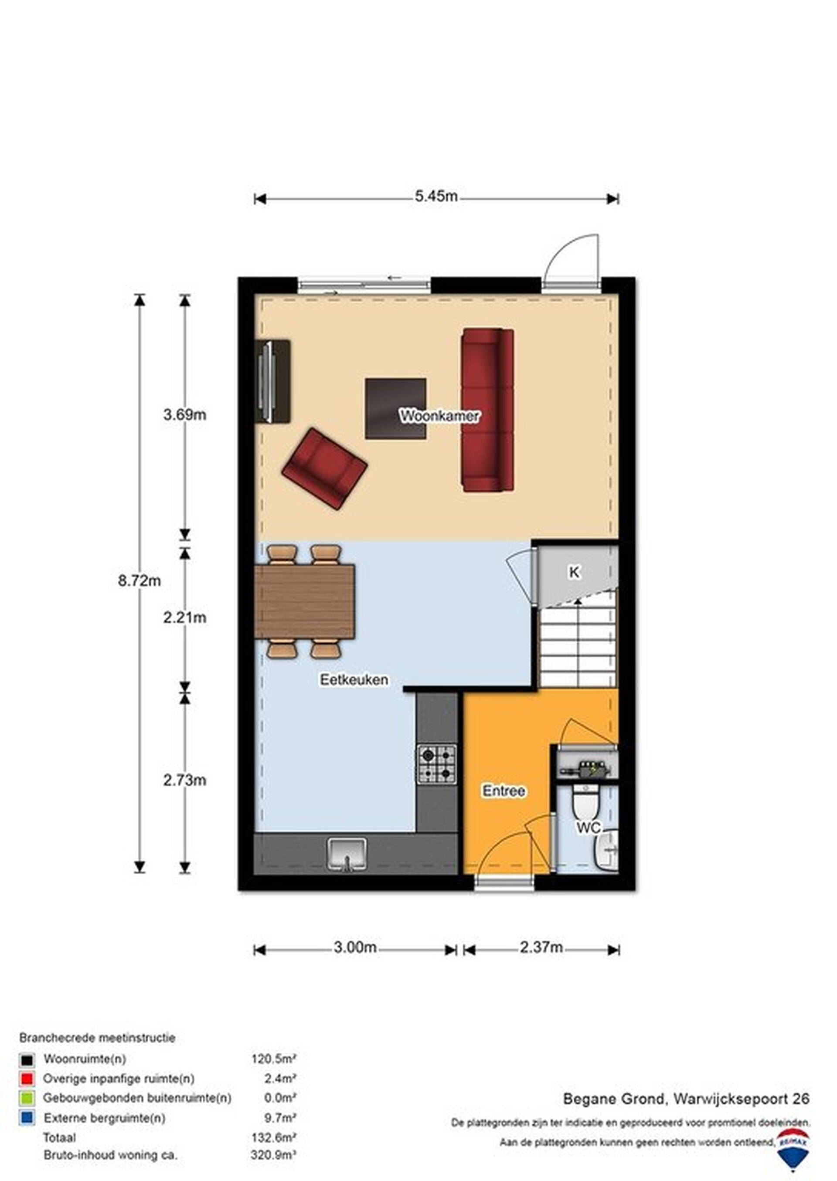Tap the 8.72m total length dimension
[x=139, y=581]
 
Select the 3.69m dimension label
[x=184, y=414]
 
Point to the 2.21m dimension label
[x=184, y=617]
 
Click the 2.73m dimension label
[x=184, y=780]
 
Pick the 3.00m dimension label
[x=355, y=947]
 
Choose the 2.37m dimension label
[x=541, y=947]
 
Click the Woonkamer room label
[x=439, y=416]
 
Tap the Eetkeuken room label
[x=354, y=680]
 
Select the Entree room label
[x=504, y=791]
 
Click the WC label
[x=588, y=828]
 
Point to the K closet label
[x=574, y=572]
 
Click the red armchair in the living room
[x=325, y=468]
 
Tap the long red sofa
[x=487, y=410]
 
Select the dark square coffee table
[x=396, y=409]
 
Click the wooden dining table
[x=305, y=601]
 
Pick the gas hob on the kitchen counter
[x=437, y=764]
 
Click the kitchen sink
[x=347, y=854]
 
